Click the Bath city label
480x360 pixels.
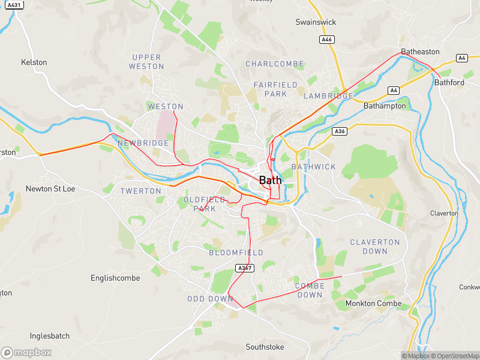[270, 180]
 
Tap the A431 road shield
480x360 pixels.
[15, 5]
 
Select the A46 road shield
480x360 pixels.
[326, 40]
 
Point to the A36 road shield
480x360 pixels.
[340, 131]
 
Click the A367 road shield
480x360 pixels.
[244, 268]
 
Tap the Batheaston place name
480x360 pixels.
[420, 52]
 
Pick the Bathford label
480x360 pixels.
[449, 82]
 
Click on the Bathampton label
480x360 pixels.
[385, 106]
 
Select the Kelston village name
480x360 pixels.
[34, 62]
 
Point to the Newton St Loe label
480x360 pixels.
[50, 188]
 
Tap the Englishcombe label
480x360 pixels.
[115, 278]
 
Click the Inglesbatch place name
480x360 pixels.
[50, 336]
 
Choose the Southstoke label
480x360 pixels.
[265, 347]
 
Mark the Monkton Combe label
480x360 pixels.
[373, 304]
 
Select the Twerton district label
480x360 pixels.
[141, 191]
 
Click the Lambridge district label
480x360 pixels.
[328, 96]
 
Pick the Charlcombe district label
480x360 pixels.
[275, 64]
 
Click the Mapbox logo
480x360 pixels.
[26, 353]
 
